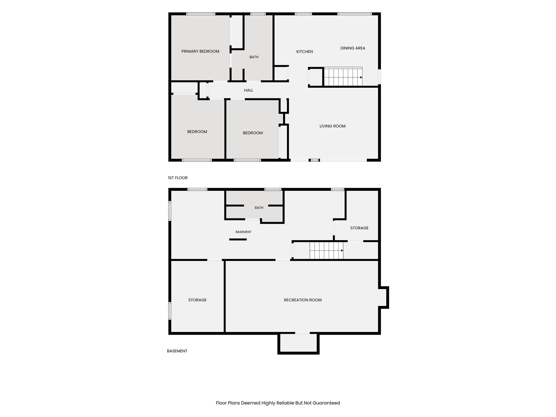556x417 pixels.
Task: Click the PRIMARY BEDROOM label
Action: [x=200, y=51]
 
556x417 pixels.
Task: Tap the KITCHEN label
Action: [x=304, y=52]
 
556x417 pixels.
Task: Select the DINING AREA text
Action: [x=353, y=48]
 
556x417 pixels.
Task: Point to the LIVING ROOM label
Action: [x=332, y=126]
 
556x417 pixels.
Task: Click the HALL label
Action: [x=248, y=90]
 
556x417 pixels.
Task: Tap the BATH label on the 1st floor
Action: [x=254, y=57]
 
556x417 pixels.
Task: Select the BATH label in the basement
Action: [x=259, y=208]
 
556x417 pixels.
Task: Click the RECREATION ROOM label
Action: [x=303, y=300]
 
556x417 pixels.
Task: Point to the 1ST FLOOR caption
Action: [x=178, y=178]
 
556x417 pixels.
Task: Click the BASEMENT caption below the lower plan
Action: [x=177, y=351]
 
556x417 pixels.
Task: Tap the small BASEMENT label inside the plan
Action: [x=243, y=232]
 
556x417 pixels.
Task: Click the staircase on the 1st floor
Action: [x=343, y=77]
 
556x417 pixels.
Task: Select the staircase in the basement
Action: [x=326, y=250]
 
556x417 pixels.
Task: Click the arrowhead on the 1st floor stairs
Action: [x=361, y=77]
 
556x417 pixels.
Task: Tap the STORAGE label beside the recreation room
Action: [x=197, y=300]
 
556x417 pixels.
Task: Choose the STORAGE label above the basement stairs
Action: [x=359, y=228]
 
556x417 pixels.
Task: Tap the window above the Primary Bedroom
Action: [x=201, y=14]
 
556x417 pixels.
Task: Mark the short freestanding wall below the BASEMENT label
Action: [x=238, y=239]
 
